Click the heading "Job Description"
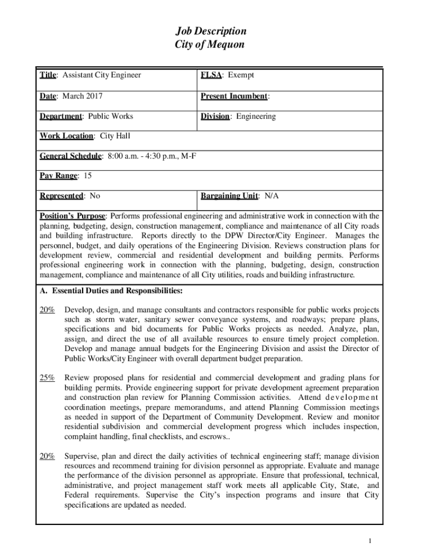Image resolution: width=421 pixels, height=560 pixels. coord(210,31)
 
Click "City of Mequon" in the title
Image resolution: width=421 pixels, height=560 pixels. coord(210,45)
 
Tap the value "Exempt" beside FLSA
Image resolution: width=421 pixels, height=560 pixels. coord(241,75)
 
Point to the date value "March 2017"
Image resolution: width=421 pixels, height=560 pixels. coord(81,96)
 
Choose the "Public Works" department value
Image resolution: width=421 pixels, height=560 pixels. coord(110,116)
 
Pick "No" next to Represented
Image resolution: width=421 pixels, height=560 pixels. coord(95,195)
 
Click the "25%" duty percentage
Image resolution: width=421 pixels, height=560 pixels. coord(47,377)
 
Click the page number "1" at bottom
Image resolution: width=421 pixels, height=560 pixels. coord(370,541)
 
